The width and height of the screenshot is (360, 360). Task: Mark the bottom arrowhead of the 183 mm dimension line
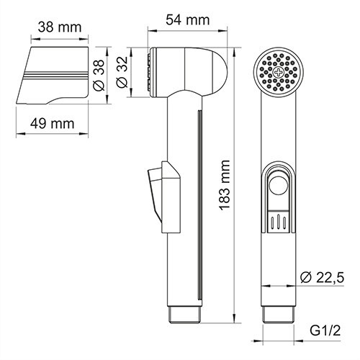[238, 318]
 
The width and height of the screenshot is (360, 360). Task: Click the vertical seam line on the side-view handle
[197, 202]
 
